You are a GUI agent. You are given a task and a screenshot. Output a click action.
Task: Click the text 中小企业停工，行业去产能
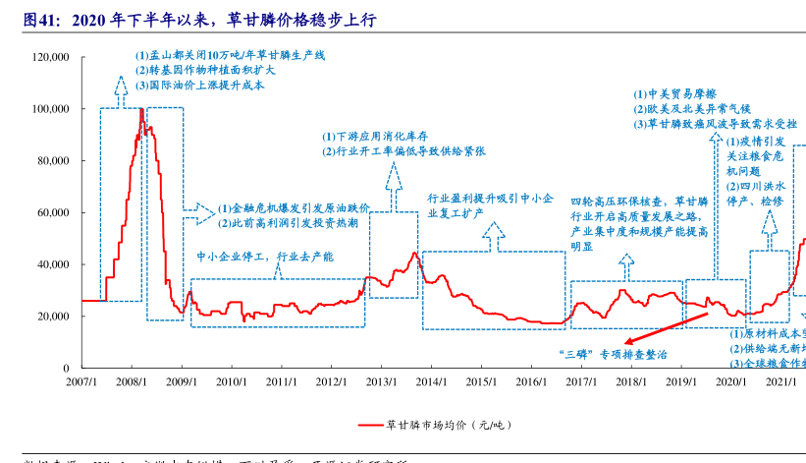coord(265,257)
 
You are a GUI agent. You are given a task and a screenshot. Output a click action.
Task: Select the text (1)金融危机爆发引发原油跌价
coord(294,208)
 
